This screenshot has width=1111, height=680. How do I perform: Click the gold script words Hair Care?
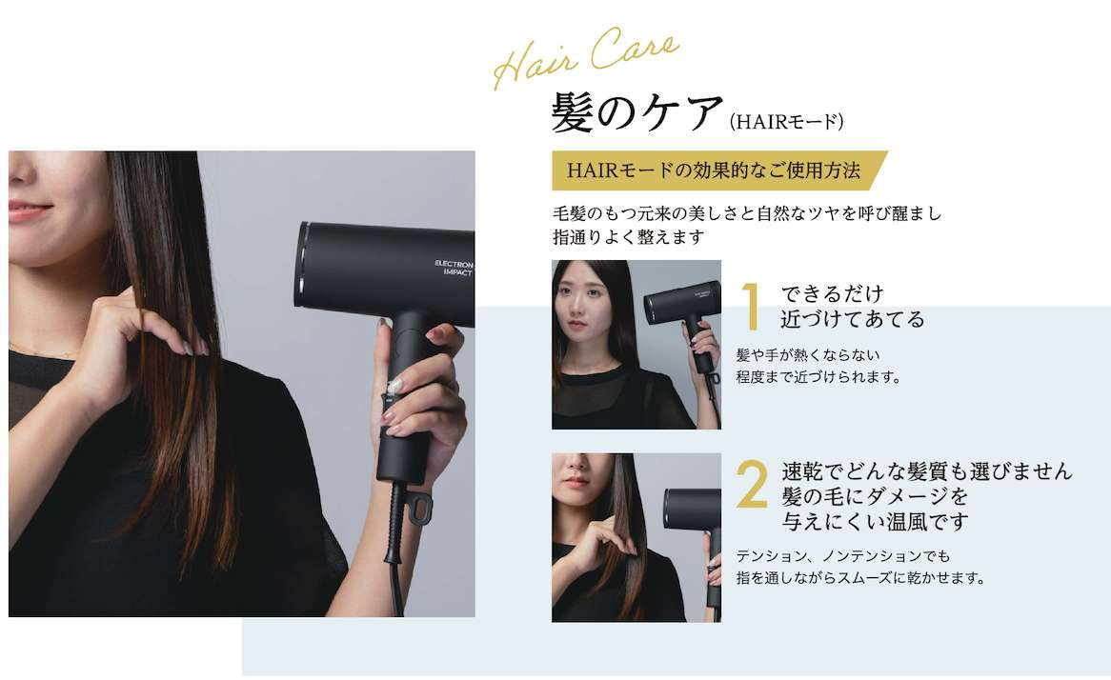[x=586, y=57]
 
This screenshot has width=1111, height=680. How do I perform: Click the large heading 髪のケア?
[x=637, y=113]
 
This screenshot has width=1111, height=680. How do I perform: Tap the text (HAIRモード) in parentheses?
[x=786, y=122]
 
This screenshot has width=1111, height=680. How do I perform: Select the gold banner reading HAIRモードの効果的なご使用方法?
[x=719, y=170]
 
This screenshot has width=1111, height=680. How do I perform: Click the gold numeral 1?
[x=751, y=306]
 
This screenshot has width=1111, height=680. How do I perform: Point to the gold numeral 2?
[x=752, y=485]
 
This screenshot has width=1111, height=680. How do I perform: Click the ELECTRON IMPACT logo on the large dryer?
[x=454, y=268]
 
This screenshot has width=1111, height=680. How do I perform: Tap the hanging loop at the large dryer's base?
[x=418, y=509]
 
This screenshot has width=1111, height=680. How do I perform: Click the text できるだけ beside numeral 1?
[x=833, y=293]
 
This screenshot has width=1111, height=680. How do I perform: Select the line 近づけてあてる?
[x=853, y=319]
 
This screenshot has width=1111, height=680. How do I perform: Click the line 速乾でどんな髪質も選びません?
[x=927, y=471]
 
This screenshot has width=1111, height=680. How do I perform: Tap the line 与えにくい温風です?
[x=875, y=522]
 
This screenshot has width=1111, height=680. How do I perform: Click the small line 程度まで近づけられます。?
[x=818, y=377]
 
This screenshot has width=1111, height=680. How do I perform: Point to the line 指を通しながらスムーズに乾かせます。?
[x=861, y=578]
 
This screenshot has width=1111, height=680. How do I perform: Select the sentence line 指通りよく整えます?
[x=629, y=237]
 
